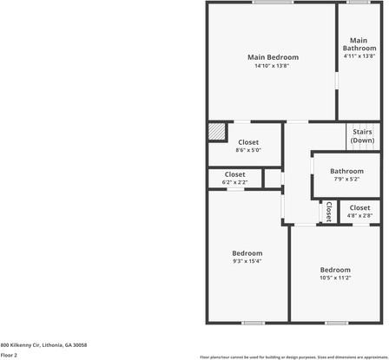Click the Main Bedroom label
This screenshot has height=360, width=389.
(271, 57)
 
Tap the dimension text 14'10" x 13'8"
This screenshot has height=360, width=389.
(271, 66)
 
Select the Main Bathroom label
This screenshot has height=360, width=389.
(359, 43)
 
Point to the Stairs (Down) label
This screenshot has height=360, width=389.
(362, 136)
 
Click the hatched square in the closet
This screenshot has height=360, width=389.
(216, 131)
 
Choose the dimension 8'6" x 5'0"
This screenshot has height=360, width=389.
(247, 150)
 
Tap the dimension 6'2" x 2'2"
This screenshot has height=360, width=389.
(234, 182)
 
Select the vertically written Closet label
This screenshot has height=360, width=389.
(328, 212)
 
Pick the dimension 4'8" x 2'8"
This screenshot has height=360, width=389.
(359, 216)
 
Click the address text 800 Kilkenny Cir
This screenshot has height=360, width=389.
(43, 344)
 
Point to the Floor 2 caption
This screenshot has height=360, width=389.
(9, 355)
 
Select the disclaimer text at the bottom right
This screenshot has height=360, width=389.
(293, 356)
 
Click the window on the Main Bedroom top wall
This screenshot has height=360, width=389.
(272, 3)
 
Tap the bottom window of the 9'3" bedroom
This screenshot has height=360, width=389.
(253, 323)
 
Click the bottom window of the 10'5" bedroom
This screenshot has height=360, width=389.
(336, 323)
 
